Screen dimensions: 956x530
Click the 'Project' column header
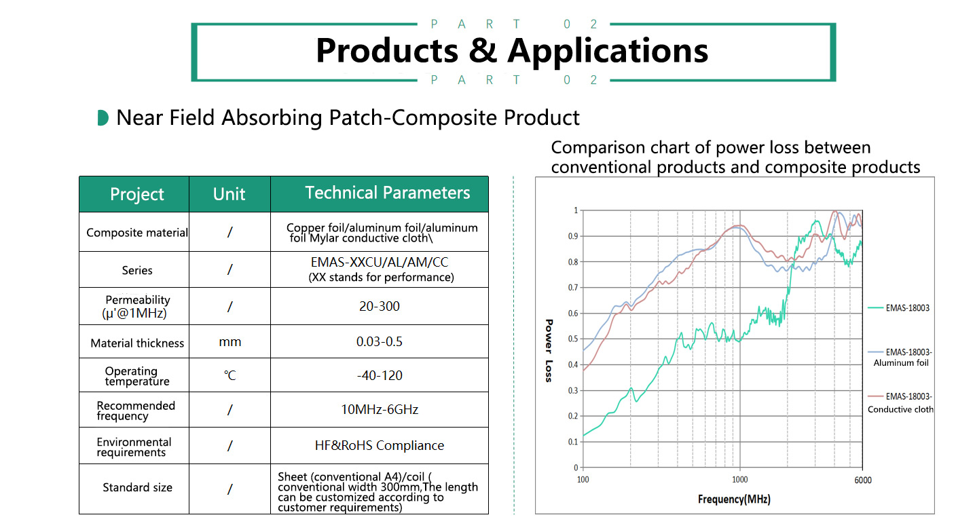pyautogui.click(x=137, y=194)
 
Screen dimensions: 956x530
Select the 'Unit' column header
pyautogui.click(x=229, y=194)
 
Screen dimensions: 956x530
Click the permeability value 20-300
pyautogui.click(x=380, y=306)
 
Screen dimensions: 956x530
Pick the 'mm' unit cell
pyautogui.click(x=229, y=342)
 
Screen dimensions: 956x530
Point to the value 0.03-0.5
pyautogui.click(x=380, y=342)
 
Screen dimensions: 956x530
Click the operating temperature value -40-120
pyautogui.click(x=380, y=375)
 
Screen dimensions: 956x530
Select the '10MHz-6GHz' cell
pyautogui.click(x=380, y=410)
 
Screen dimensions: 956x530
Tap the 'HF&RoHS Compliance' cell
pyautogui.click(x=380, y=445)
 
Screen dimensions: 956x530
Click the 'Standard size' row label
pyautogui.click(x=137, y=487)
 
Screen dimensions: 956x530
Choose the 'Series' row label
pyautogui.click(x=137, y=270)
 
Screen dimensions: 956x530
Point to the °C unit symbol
pyautogui.click(x=229, y=375)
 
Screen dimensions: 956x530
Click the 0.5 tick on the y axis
pyautogui.click(x=573, y=339)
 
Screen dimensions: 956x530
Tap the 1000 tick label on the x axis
pyautogui.click(x=739, y=480)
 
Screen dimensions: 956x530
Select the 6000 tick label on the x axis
pyautogui.click(x=862, y=480)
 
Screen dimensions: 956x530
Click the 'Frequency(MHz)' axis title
pyautogui.click(x=734, y=499)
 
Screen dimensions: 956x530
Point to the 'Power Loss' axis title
pyautogui.click(x=549, y=350)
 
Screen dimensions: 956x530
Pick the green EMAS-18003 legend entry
pyautogui.click(x=898, y=307)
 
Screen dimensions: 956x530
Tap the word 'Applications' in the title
pyautogui.click(x=608, y=51)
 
